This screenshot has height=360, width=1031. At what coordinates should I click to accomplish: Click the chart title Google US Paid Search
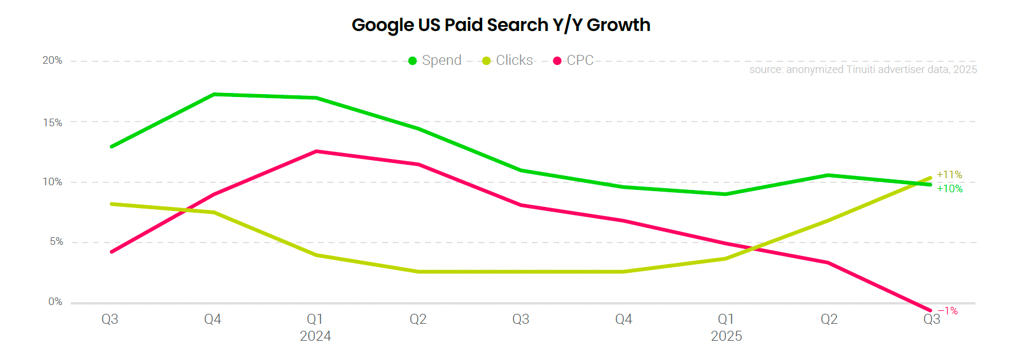501,25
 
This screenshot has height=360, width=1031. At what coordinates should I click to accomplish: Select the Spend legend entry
435,61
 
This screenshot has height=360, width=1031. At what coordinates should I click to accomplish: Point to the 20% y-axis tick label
52,61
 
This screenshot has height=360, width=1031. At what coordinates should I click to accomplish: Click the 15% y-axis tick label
52,123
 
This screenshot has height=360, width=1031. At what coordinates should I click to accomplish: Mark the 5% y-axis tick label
56,242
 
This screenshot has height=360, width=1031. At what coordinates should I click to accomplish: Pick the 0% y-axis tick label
56,302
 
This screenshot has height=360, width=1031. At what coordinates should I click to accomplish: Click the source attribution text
863,70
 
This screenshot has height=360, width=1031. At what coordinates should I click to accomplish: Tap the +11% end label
949,175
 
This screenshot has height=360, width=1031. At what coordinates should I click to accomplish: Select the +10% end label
950,189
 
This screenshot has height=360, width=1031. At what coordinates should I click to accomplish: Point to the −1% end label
948,311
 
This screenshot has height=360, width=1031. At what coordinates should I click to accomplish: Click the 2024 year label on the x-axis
315,337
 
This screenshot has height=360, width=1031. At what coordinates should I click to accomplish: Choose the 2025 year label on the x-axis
726,337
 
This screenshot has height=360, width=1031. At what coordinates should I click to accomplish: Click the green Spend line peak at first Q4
214,94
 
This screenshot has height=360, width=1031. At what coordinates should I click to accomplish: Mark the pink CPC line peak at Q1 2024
316,151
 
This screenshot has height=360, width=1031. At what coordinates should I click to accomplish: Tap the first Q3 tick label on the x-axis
110,320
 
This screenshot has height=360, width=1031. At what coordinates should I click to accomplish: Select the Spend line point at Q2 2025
828,175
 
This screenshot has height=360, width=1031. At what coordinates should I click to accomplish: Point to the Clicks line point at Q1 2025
726,258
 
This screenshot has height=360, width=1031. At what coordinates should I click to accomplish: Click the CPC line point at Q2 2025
828,262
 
